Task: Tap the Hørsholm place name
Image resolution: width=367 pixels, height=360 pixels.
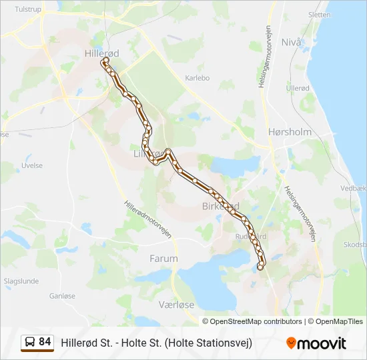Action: pyautogui.click(x=289, y=132)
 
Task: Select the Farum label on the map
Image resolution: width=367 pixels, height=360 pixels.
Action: pyautogui.click(x=163, y=258)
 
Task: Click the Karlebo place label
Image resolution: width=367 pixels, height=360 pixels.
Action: pyautogui.click(x=197, y=78)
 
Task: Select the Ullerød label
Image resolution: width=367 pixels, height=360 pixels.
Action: pyautogui.click(x=298, y=88)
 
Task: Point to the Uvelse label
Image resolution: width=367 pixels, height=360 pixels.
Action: pyautogui.click(x=32, y=166)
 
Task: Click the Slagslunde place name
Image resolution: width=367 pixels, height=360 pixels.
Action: pyautogui.click(x=23, y=281)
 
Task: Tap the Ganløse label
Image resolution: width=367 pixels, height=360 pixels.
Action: pyautogui.click(x=61, y=295)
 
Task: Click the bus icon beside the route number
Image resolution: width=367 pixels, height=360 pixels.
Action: pyautogui.click(x=30, y=343)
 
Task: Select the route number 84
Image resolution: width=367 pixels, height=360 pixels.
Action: pyautogui.click(x=45, y=342)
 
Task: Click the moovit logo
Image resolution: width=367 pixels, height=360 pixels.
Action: pyautogui.click(x=316, y=343)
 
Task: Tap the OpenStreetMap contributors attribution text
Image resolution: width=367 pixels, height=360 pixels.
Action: pyautogui.click(x=256, y=321)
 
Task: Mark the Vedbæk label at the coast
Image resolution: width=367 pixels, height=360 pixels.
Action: pyautogui.click(x=353, y=189)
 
